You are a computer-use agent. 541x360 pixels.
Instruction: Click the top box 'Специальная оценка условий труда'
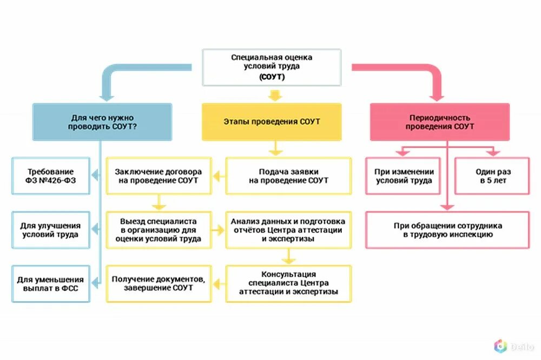coord(272,67)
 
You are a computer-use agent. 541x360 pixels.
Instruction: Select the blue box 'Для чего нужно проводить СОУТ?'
coord(102,122)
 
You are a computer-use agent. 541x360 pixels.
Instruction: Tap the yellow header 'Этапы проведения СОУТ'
coord(272,122)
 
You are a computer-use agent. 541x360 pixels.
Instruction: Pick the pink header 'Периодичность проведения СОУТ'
coord(439,122)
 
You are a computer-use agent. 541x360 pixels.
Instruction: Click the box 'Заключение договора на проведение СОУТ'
coord(159,176)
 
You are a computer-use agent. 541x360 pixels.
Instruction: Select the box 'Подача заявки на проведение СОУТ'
coord(288,176)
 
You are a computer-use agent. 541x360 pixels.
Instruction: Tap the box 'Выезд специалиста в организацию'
coord(159,230)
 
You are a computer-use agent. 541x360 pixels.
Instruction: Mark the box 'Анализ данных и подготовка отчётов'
coord(288,230)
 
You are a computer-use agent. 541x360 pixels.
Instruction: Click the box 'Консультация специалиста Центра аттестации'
coord(288,283)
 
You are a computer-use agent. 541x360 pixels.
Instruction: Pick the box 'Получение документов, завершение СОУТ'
coord(159,284)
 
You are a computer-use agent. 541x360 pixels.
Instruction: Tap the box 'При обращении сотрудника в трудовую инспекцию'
coord(447,230)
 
